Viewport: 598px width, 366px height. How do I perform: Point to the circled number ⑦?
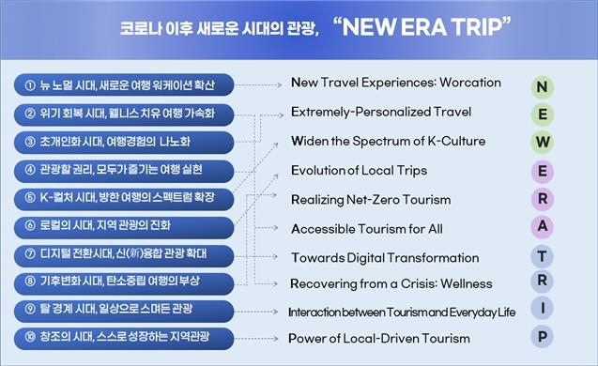[x=29, y=253]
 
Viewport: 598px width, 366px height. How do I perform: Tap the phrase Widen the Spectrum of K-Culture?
[x=388, y=142]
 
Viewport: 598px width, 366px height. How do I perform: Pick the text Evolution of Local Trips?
[x=359, y=171]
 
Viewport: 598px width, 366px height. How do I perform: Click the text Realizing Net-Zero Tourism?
[x=371, y=200]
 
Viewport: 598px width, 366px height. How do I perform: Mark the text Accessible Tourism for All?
[x=367, y=229]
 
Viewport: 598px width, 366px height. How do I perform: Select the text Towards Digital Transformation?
[x=385, y=258]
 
